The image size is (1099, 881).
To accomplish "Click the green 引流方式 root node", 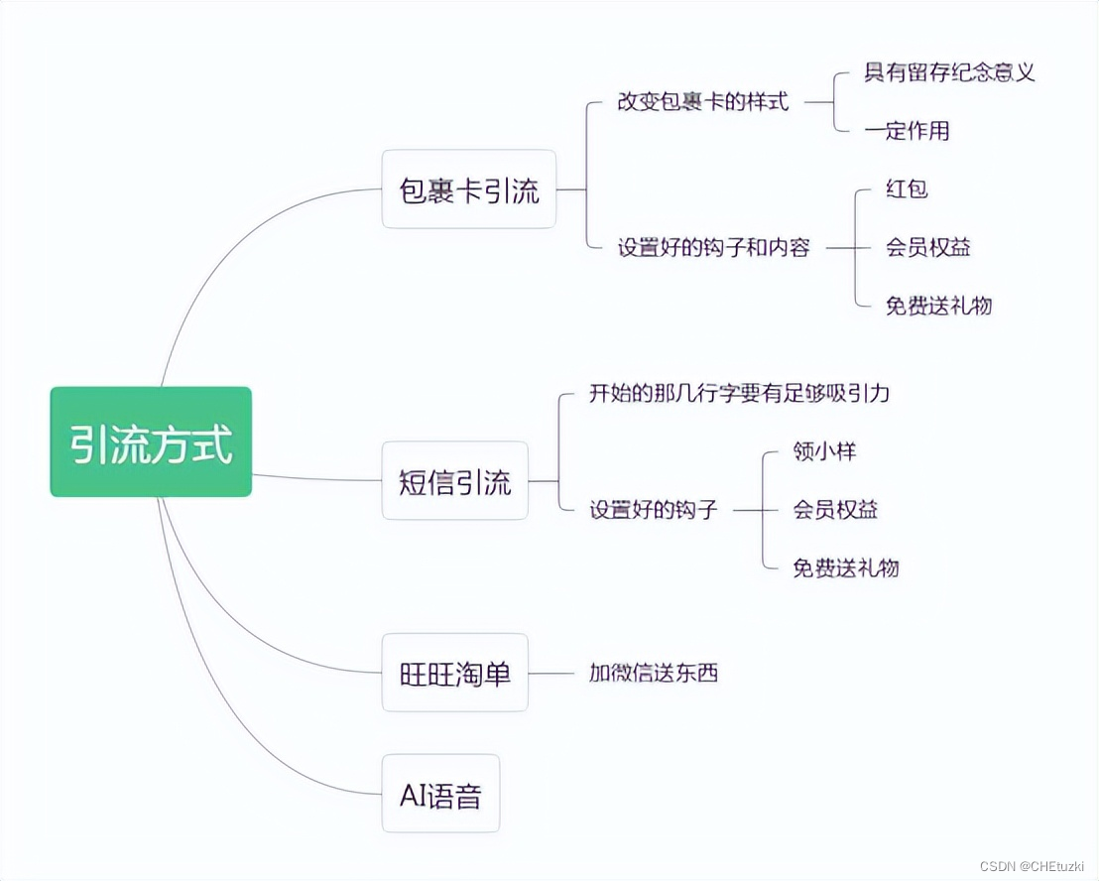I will point(151,441).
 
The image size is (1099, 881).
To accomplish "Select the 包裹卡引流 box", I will point(469,189).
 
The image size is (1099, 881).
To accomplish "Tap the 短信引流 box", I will point(455,481).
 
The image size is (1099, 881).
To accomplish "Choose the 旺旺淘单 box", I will point(455,674).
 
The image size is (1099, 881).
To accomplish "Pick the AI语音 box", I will point(440,794).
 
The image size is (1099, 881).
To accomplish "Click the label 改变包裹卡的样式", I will point(702,101).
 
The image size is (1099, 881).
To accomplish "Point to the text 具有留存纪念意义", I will point(949,72).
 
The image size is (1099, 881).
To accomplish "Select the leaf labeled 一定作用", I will point(907,130).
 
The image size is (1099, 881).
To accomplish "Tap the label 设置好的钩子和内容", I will point(713,247).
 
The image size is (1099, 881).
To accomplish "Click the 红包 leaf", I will point(907,189).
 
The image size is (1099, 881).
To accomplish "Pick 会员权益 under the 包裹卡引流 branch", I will point(927,247).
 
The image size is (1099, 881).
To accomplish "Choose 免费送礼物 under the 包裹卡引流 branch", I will point(938,305).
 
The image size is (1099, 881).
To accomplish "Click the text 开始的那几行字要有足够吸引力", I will point(739,394).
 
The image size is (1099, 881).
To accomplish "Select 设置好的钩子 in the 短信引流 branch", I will point(653,510).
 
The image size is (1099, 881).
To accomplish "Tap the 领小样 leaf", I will point(824,451).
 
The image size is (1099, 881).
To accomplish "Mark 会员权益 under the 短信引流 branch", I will point(835,510).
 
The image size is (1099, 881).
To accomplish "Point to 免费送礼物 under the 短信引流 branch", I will point(845,567).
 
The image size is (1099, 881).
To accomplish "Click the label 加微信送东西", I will point(653,674).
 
